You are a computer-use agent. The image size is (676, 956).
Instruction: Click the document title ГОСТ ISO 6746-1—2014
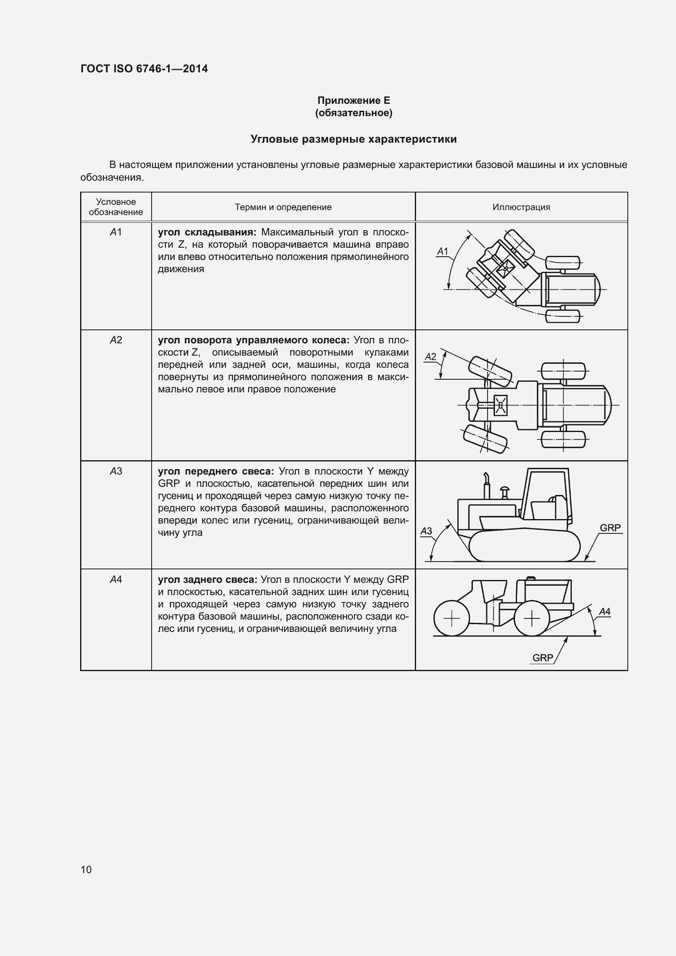tap(144, 69)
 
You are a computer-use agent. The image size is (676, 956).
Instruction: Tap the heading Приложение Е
tap(354, 101)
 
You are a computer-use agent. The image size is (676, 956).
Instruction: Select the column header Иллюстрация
tap(521, 207)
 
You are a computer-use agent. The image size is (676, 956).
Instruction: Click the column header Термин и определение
tap(283, 207)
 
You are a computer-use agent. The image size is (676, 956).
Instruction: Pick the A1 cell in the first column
tap(116, 232)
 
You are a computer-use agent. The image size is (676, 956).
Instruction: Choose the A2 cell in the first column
tap(116, 340)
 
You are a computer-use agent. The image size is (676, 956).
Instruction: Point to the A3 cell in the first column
tap(116, 471)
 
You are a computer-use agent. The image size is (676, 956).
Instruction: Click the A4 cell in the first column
tap(116, 579)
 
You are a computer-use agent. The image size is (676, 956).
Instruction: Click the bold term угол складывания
tap(207, 232)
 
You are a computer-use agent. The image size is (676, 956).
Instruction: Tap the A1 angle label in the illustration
tap(443, 251)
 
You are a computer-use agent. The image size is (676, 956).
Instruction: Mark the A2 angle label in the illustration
tap(430, 357)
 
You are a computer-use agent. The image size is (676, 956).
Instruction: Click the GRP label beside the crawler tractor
tap(610, 528)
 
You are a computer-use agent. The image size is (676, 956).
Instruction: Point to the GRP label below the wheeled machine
tap(542, 658)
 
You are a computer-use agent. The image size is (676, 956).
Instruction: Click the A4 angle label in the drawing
tap(604, 612)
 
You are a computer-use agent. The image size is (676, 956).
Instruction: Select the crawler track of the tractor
tap(524, 546)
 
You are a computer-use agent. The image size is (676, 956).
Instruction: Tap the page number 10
tap(86, 869)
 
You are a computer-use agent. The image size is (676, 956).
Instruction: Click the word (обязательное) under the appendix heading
tap(354, 113)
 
